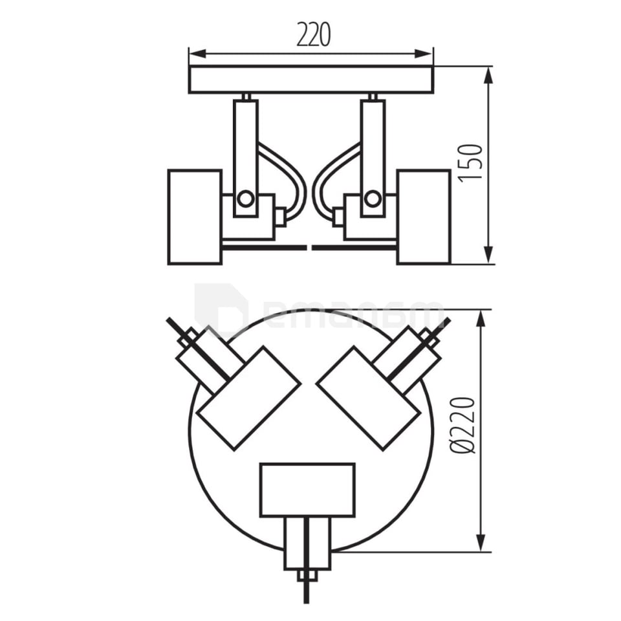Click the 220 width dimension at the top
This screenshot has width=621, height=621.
(314, 35)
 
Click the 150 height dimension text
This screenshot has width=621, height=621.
(472, 162)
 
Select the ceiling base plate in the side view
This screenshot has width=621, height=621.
(310, 80)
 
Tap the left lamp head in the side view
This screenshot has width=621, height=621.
(195, 217)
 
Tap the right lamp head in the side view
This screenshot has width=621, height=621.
(424, 217)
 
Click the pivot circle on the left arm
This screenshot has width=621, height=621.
(245, 199)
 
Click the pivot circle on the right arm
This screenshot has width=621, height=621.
(372, 199)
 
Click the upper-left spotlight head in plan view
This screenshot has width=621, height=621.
(249, 398)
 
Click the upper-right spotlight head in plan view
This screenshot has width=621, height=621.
(369, 398)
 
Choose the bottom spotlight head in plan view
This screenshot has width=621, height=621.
(307, 490)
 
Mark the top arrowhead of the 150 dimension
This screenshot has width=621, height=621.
(488, 73)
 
